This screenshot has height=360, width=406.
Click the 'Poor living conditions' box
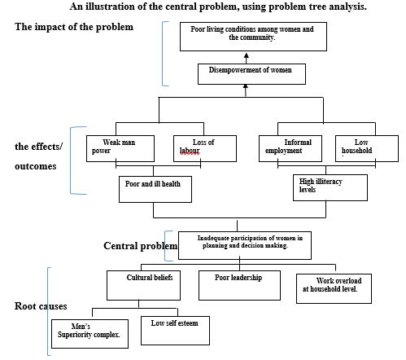(x=253, y=37)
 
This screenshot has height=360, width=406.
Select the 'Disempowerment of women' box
(x=251, y=74)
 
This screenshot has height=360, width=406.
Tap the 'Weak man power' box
(x=120, y=149)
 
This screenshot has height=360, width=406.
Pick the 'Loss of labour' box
(x=205, y=149)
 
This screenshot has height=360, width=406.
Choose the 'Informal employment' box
(x=290, y=149)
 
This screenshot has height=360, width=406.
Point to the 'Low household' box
(x=367, y=149)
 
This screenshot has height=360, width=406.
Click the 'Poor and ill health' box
(x=155, y=189)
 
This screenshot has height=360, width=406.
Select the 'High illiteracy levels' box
(x=330, y=187)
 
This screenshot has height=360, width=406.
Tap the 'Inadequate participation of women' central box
(x=245, y=245)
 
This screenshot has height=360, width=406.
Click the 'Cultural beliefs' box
(x=143, y=285)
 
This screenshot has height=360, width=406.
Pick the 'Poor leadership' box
(x=239, y=285)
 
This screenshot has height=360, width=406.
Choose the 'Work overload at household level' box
(x=334, y=288)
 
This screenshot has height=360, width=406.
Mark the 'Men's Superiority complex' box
(x=89, y=334)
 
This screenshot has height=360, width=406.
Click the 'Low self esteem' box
(x=175, y=331)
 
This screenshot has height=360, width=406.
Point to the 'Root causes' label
(x=41, y=306)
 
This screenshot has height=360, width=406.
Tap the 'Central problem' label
(x=141, y=246)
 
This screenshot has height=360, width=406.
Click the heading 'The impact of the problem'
(x=74, y=27)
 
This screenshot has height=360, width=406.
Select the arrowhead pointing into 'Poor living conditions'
(x=247, y=55)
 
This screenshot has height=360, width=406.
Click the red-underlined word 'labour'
(x=190, y=151)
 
